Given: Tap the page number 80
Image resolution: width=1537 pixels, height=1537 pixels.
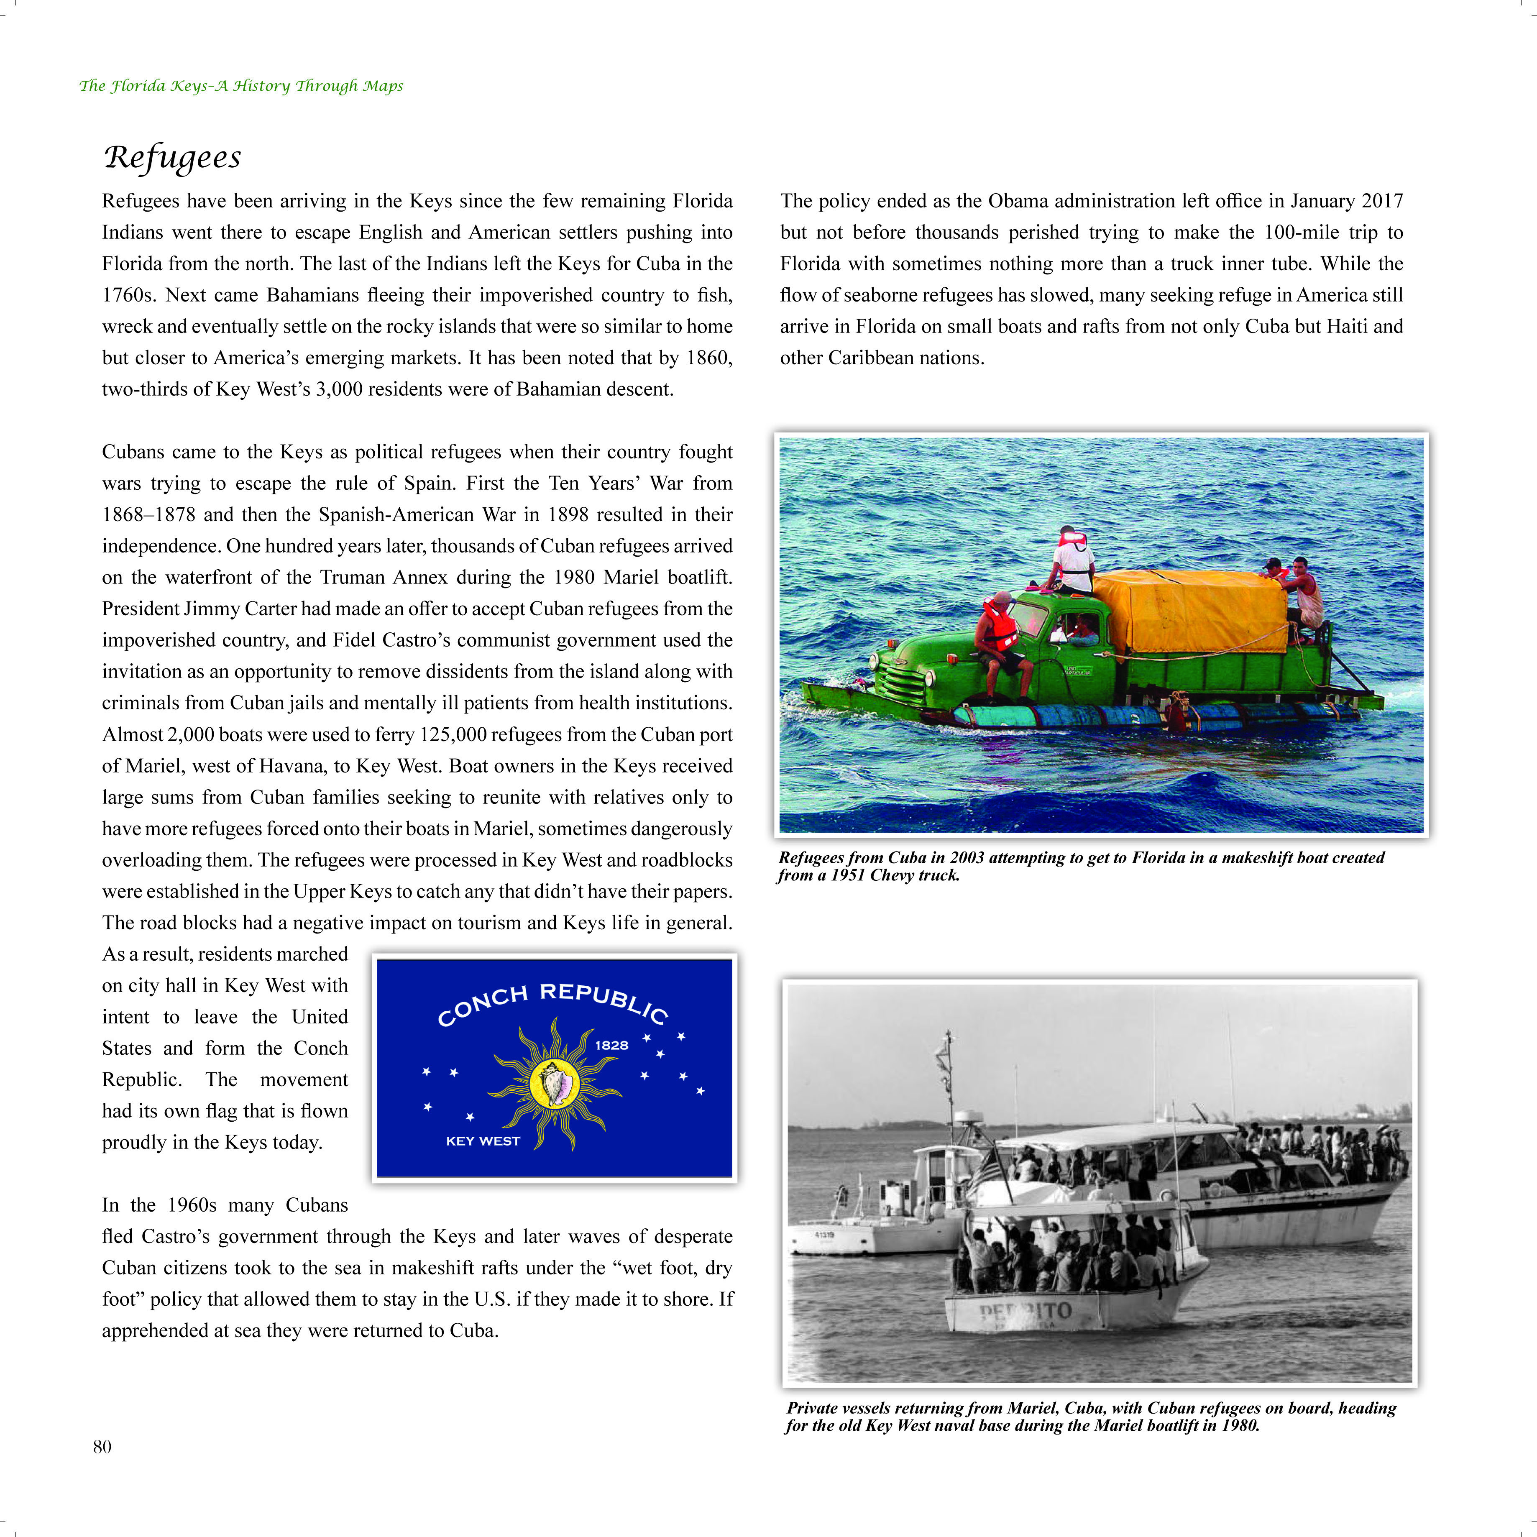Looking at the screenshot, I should (102, 1446).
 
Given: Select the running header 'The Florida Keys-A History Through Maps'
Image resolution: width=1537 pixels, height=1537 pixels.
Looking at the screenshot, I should (241, 86).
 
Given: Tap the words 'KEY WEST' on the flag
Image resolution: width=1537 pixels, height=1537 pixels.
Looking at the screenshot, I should (483, 1141).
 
